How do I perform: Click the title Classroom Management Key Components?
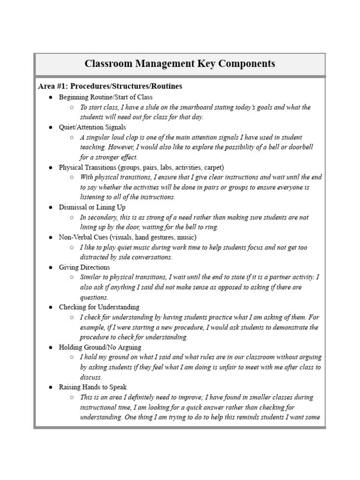180,64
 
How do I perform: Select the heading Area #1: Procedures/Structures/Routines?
110,86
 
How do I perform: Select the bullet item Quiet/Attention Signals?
92,127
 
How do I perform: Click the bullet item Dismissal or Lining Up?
92,207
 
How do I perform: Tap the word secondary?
102,217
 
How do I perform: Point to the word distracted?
96,257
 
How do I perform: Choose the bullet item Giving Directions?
84,267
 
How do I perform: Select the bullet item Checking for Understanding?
99,307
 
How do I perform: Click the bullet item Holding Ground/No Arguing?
99,347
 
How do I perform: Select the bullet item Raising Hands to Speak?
92,387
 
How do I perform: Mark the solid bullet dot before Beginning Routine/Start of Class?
50,97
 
